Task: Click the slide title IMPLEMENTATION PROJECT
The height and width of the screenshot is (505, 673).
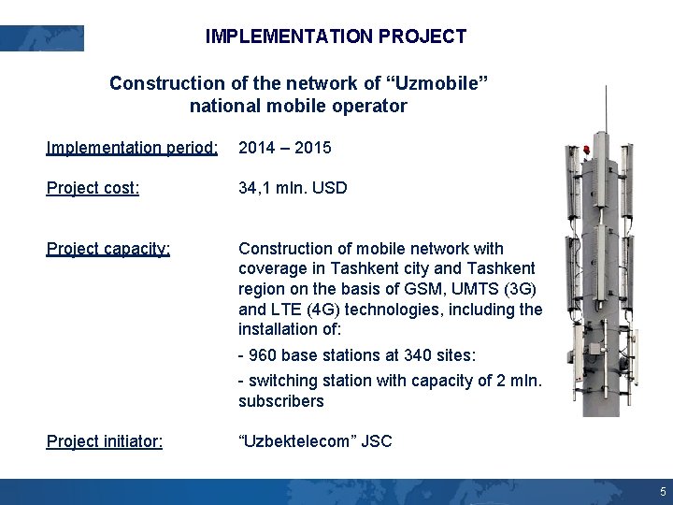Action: [336, 37]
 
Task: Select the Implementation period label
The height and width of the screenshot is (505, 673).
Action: [132, 148]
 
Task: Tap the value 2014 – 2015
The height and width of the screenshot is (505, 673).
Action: [285, 148]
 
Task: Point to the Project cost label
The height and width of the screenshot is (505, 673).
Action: [93, 188]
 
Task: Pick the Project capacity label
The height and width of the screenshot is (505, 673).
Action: [108, 249]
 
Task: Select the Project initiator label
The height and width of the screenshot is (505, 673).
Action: [105, 441]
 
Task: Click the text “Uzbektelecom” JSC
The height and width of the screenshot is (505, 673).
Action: [315, 441]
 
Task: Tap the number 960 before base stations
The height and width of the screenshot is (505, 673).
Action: [265, 355]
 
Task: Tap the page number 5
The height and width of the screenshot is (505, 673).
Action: [662, 492]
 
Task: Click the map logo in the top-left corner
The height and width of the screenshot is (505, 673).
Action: [42, 38]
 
